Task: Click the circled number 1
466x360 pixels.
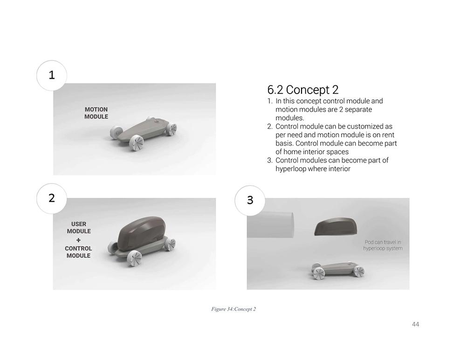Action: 52,75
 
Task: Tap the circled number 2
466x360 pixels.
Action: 52,198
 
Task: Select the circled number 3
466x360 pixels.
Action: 250,200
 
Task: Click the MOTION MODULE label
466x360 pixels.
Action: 96,113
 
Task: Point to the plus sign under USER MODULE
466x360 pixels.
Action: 78,240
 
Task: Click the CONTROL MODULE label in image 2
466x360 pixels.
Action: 78,252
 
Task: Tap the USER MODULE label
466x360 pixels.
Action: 79,228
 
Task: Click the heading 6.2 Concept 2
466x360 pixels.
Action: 303,90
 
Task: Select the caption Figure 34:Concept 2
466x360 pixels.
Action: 233,309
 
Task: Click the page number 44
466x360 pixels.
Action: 416,324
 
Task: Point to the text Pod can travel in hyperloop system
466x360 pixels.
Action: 383,245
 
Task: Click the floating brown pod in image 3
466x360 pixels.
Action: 336,227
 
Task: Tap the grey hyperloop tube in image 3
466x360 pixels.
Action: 270,225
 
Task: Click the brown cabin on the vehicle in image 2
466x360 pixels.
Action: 142,233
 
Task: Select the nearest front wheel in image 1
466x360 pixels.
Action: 137,143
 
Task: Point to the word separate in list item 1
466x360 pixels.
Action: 358,109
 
